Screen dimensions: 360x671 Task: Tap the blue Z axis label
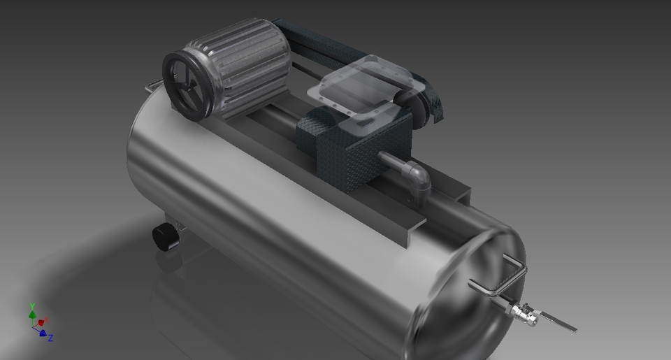click(x=51, y=338)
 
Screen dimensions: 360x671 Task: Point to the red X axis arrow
click(x=43, y=322)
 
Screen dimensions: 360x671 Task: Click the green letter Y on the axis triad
click(x=32, y=306)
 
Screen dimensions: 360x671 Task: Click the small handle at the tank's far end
click(x=152, y=87)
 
